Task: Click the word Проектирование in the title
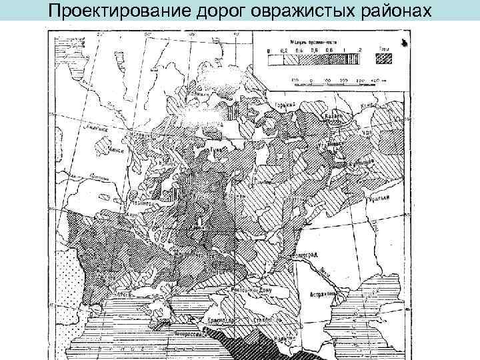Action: pos(117,11)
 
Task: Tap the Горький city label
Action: pos(286,105)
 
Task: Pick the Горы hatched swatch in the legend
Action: pos(383,57)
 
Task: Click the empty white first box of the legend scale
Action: pos(273,58)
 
